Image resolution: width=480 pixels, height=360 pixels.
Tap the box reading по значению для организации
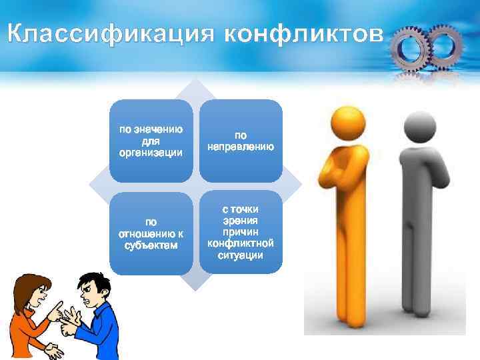(151, 141)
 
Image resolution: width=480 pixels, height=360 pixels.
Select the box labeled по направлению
(241, 141)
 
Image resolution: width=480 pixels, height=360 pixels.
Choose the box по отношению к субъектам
(151, 233)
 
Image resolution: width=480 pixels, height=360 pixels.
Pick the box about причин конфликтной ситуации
(241, 233)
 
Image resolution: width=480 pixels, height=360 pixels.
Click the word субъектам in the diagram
(151, 246)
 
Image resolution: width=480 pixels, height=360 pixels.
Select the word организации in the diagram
(151, 153)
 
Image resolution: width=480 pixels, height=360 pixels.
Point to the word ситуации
(241, 255)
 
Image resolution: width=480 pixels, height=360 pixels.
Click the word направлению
(241, 147)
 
